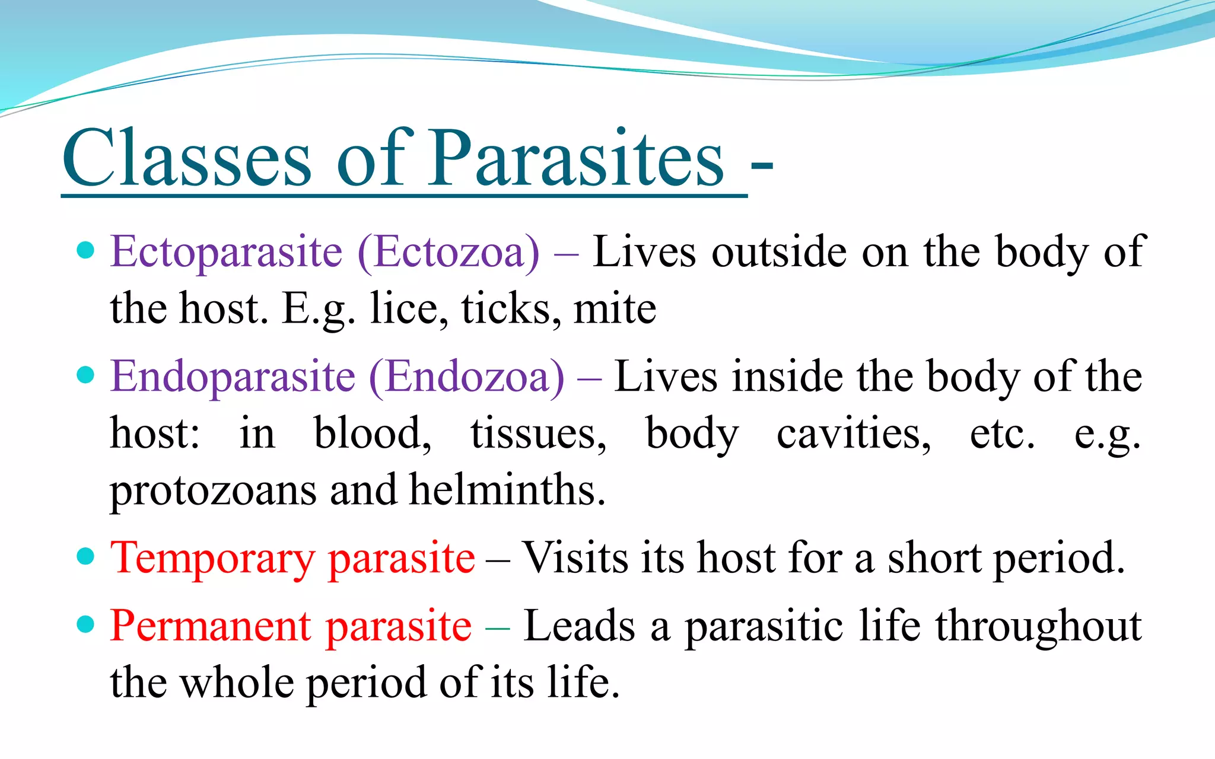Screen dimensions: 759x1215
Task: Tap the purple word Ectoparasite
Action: coord(227,253)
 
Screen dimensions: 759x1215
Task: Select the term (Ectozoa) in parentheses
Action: coord(449,253)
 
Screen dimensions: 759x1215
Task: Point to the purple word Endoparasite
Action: coord(233,377)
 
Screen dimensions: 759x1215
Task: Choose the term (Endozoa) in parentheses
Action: coord(467,377)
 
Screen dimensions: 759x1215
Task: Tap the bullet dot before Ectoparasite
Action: coord(86,250)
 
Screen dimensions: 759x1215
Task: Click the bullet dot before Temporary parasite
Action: coord(86,556)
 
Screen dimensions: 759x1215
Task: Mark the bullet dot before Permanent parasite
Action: coord(86,624)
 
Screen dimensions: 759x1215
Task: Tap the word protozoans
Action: coord(214,491)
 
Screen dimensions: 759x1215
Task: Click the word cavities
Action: coord(854,433)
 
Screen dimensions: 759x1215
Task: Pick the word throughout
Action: coord(1038,626)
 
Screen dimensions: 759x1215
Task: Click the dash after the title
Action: coord(762,168)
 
